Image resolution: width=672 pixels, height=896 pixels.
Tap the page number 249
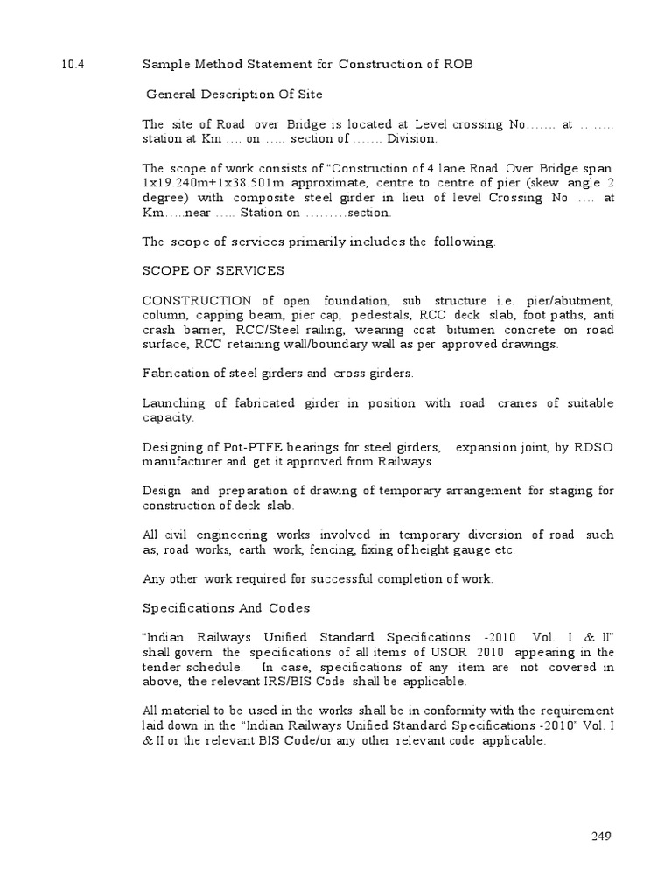600,836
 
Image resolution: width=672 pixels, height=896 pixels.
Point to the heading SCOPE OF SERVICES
213,270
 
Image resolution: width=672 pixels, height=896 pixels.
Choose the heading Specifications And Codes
226,607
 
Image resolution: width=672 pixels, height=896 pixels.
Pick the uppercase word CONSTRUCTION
198,300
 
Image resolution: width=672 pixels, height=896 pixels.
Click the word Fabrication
180,374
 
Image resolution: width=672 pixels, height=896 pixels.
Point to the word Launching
175,403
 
